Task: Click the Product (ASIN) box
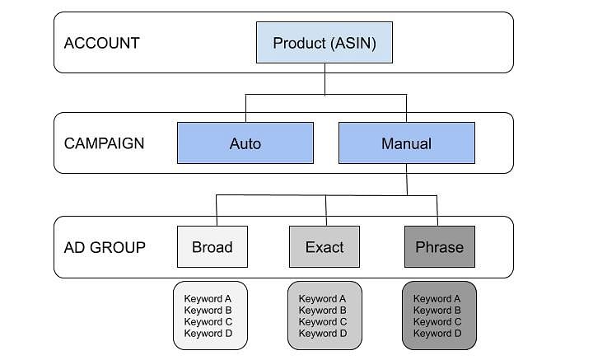coord(325,42)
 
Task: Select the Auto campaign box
coord(245,143)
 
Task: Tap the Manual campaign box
coord(407,143)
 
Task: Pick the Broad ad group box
coord(212,247)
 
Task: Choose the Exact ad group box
coord(325,247)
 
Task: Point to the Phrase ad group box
coord(440,247)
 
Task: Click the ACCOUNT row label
coord(102,43)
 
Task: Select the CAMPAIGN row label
coord(104,143)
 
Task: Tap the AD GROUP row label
coord(105,248)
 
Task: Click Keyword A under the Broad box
coord(208,299)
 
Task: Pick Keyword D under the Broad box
coord(208,334)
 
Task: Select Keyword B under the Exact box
coord(323,311)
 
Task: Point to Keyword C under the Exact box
coord(323,322)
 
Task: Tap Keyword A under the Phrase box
coord(437,299)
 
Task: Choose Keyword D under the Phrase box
coord(437,334)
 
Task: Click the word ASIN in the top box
coord(353,43)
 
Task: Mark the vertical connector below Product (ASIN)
coord(325,79)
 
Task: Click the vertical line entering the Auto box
coord(245,108)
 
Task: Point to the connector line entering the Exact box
coord(326,211)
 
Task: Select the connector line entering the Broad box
coord(217,211)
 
